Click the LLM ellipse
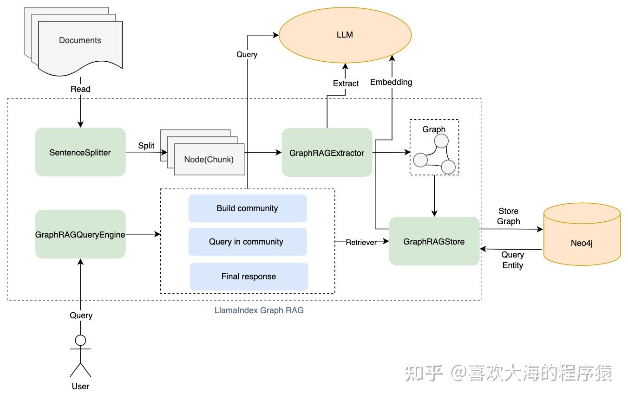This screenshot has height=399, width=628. tap(345, 35)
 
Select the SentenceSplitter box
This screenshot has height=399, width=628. tap(80, 152)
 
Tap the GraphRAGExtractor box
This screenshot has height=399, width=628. tap(327, 153)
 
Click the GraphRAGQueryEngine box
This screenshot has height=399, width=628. tap(80, 234)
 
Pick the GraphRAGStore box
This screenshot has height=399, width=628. tap(434, 241)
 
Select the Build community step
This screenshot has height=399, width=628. tap(247, 208)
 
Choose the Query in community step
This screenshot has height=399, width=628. tap(246, 242)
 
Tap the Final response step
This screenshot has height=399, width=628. tap(249, 277)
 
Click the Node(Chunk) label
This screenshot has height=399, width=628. tap(209, 159)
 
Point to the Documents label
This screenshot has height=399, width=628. tap(80, 40)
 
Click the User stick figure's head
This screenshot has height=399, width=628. tap(80, 340)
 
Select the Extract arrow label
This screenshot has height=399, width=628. tap(346, 84)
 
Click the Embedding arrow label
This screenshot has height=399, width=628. tap(391, 82)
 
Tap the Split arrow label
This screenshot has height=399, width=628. tap(146, 146)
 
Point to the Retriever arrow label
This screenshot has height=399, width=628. tap(361, 242)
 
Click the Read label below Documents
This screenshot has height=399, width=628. tap(80, 89)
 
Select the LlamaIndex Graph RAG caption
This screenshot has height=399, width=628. tap(259, 310)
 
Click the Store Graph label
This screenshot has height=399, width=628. tap(508, 216)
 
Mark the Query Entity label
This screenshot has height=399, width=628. tap(512, 260)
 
